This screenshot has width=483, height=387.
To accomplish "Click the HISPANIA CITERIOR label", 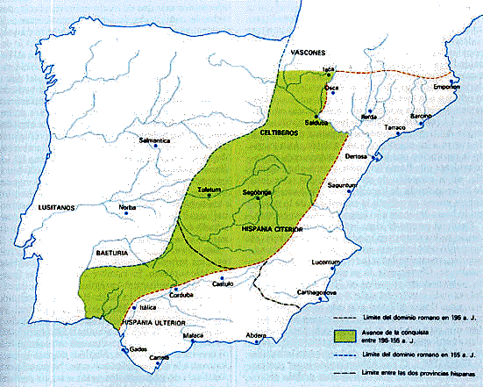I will tap(271, 228).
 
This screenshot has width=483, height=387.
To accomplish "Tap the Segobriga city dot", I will tap(259, 197).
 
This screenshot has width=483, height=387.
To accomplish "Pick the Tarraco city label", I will tap(396, 128).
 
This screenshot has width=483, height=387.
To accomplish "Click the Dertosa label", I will tap(356, 155).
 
